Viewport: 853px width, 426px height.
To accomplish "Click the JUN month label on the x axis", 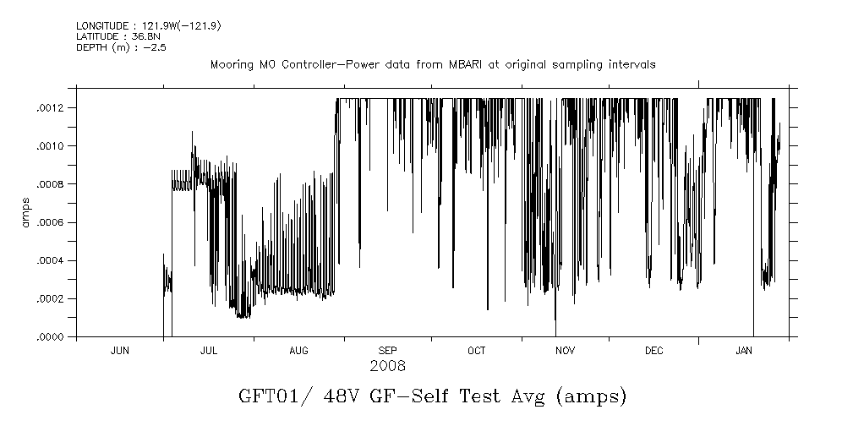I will [x=120, y=350].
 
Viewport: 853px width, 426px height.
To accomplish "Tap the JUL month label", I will [x=209, y=350].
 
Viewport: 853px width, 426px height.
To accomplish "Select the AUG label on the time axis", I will [x=298, y=350].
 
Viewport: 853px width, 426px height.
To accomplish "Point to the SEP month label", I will [x=387, y=350].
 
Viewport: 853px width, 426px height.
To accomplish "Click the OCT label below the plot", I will [x=476, y=350].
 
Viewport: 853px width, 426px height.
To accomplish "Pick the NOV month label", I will [x=565, y=350].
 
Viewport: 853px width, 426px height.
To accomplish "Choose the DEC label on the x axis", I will [x=653, y=350].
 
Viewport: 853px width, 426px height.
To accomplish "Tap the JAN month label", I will [x=744, y=350].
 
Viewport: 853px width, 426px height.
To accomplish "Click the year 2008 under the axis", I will [x=387, y=366].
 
